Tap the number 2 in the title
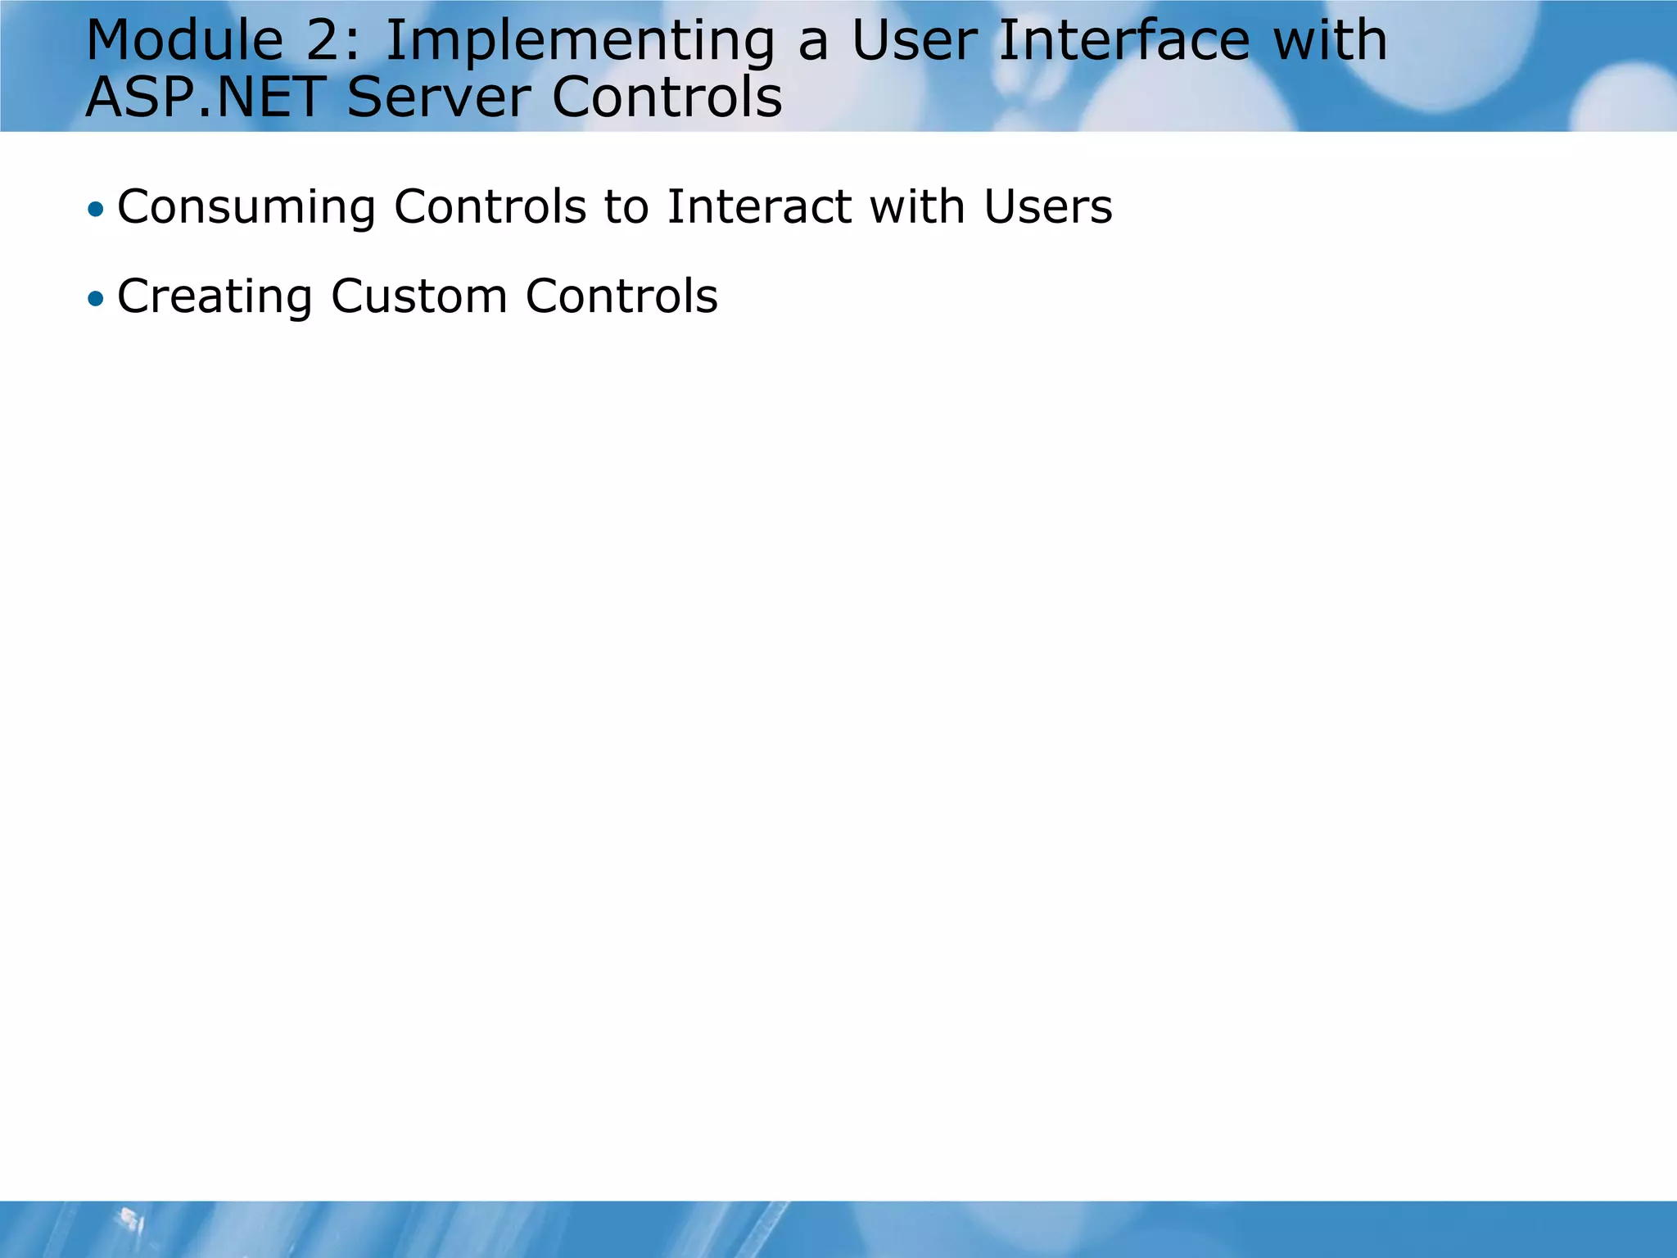pos(332,41)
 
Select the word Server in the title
pos(439,97)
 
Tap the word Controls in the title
pos(667,97)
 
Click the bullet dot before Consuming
pos(97,210)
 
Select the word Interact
pos(758,206)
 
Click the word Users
pos(1048,206)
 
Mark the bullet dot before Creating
pos(97,299)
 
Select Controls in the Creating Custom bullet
pos(622,296)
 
